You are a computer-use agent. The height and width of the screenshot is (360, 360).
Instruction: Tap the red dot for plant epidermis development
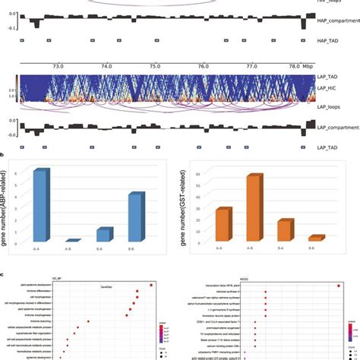pos(152,285)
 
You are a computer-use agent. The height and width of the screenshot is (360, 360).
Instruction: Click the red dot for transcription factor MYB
pos(337,286)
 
